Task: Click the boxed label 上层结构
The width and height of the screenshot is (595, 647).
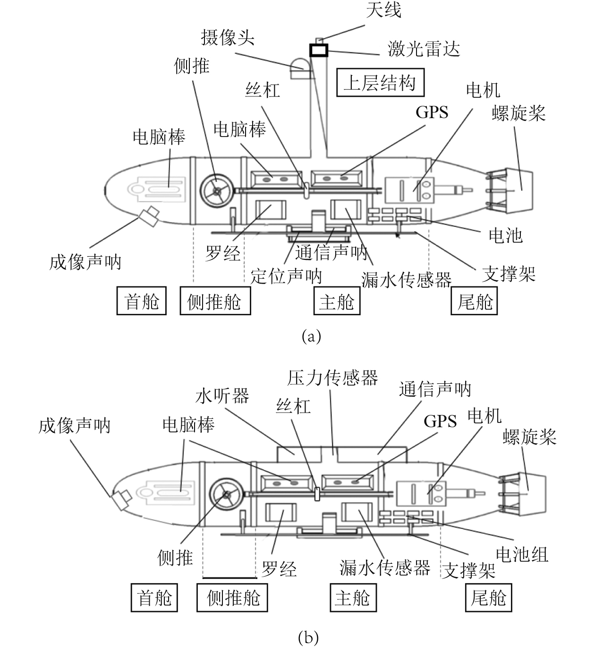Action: pos(381,83)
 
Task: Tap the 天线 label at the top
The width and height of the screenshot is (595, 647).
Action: pos(383,10)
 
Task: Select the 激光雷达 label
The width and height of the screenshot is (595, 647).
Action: pos(424,49)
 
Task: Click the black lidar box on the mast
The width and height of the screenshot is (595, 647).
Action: pos(318,50)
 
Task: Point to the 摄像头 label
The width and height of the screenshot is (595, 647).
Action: pos(228,37)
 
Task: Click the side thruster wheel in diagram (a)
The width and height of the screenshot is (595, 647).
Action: pos(217,190)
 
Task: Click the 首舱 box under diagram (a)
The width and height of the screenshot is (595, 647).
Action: pos(141,301)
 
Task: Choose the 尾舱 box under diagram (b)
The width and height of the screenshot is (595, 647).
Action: pos(488,598)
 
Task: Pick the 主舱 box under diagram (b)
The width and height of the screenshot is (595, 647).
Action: pos(352,598)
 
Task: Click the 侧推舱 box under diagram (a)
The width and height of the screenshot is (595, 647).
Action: pos(215,302)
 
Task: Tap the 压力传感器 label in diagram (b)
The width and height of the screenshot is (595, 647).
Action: pos(332,378)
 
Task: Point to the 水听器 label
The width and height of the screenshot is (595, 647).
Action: pos(222,396)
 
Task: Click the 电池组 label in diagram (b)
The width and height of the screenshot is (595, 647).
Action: pos(522,554)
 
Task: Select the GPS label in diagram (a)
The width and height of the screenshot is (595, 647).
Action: pos(432,112)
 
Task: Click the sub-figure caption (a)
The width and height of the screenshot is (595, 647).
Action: pos(311,336)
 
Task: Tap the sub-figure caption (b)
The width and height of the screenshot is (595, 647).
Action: pos(308,638)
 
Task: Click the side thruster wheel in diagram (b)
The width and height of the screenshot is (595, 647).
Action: pos(226,495)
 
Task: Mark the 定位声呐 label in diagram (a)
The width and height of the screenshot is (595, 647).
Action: pos(286,276)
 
